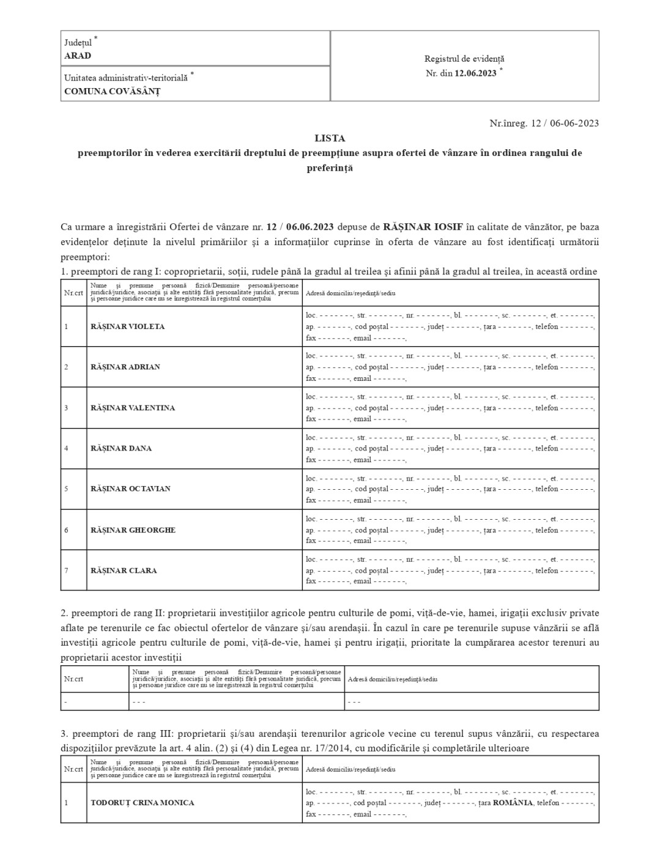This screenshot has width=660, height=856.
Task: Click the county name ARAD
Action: [78, 56]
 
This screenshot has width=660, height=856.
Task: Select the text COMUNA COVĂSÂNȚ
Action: [112, 92]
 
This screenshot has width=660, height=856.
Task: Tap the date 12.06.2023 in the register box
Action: [475, 73]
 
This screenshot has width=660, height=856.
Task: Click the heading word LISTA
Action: [330, 138]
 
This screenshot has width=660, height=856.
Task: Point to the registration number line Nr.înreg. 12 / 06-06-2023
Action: [544, 123]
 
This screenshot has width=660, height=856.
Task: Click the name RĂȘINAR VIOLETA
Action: [127, 327]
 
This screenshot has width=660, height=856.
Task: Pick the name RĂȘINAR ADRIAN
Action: [125, 367]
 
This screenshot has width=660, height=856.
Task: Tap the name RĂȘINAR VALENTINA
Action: [132, 408]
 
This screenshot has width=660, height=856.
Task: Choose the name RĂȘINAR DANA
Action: [121, 448]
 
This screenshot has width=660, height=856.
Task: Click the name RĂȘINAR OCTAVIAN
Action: [130, 489]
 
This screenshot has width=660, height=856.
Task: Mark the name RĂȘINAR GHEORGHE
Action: [133, 530]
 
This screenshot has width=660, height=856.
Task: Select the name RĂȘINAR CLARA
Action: [124, 570]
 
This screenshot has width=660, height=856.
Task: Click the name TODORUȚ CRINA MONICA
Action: [142, 803]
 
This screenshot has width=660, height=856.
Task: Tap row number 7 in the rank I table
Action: [66, 570]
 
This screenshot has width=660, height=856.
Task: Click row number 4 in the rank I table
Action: [66, 448]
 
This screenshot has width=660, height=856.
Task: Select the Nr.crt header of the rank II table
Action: [73, 679]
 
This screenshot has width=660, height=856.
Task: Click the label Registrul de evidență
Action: [464, 59]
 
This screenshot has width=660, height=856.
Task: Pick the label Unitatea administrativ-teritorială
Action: [126, 78]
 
